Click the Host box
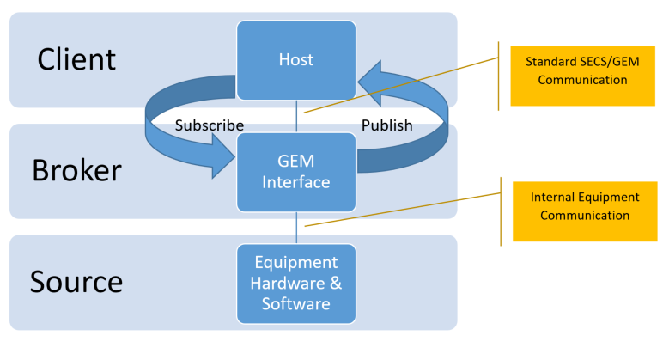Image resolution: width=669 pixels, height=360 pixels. pos(296,59)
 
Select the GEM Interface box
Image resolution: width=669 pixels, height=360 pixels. pos(296,170)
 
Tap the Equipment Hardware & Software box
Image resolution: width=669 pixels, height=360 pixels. pos(296,283)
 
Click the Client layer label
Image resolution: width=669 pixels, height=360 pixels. pos(76,59)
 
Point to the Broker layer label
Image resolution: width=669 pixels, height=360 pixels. pos(76,170)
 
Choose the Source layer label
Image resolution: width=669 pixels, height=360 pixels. pos(76,282)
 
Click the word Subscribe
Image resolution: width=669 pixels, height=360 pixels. pos(210,125)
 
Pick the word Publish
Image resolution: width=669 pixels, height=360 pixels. pos(386,125)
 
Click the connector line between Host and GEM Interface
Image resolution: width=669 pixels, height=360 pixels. pos(296,116)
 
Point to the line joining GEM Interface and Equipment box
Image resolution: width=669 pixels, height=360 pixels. pos(296,227)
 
